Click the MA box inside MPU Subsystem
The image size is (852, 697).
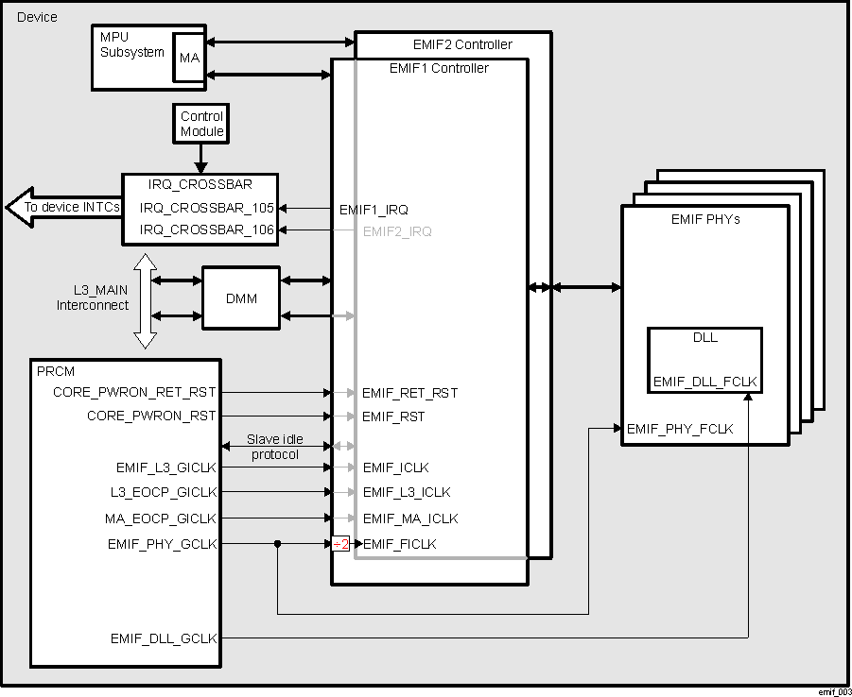190,59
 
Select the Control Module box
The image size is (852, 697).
201,124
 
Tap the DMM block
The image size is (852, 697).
241,298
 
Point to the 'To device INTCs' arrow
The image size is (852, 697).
62,208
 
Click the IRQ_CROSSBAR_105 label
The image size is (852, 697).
207,208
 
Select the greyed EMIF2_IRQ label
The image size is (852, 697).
397,230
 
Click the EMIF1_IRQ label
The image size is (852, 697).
374,209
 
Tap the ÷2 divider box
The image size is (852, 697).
340,544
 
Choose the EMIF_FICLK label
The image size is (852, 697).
400,544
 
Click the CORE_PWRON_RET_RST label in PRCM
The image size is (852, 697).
134,391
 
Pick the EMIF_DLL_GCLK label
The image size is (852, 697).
164,638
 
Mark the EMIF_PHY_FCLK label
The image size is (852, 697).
680,429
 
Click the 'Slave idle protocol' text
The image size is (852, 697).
274,447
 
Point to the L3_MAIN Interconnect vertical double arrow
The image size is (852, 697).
145,300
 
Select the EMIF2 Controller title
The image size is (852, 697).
462,44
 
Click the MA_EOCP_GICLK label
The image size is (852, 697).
161,518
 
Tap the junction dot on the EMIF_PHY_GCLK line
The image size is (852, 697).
277,544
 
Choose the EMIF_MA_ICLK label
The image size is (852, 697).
410,518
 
